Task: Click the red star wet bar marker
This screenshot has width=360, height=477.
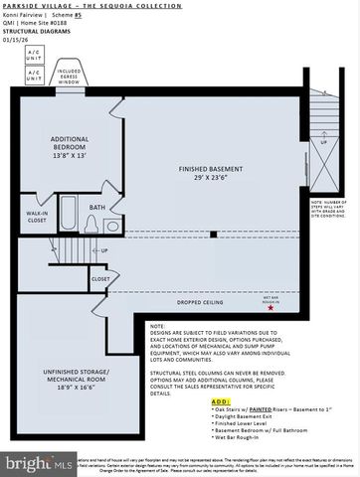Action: click(x=270, y=309)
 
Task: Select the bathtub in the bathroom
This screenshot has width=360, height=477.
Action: click(x=69, y=215)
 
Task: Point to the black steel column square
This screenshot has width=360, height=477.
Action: click(x=214, y=235)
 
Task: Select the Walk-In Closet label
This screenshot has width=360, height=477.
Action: click(x=38, y=217)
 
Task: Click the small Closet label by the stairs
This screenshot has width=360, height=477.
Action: click(x=101, y=279)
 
